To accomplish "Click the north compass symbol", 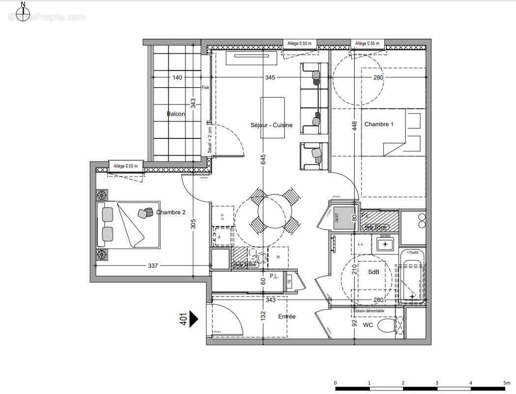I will point(23,13).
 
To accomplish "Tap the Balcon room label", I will point(176,114).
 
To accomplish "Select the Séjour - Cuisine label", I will point(271,125).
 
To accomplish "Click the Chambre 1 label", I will point(379,125).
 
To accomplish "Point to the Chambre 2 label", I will point(171,212).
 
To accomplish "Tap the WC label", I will point(368,326).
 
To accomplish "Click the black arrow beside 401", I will point(193,319).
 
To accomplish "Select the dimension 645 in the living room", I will point(263,159).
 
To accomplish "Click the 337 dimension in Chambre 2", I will point(152,266).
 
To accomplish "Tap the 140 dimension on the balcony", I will point(177,77).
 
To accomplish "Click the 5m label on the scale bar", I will point(506,383).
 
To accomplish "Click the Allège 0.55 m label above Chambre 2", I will point(125,166).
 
